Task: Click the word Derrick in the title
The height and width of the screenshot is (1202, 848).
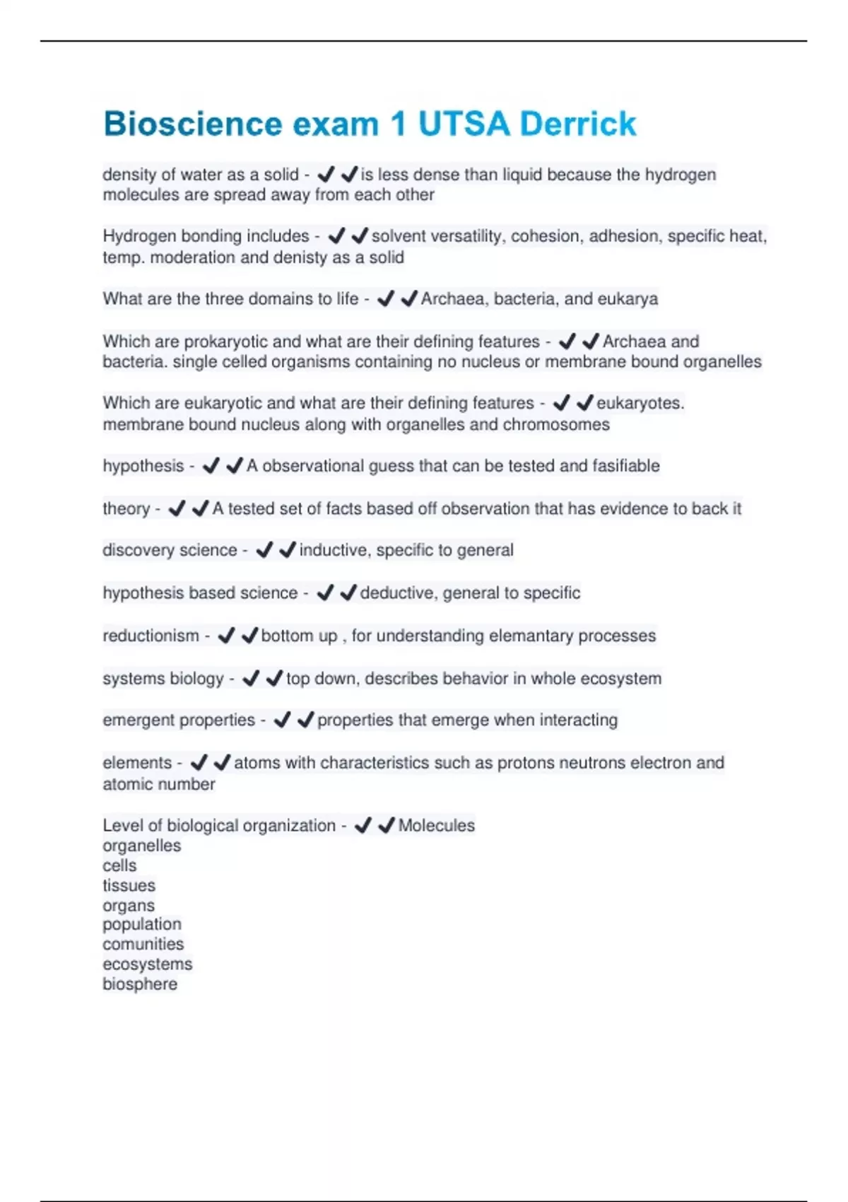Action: pos(577,124)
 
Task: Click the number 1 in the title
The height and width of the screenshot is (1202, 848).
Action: pos(398,124)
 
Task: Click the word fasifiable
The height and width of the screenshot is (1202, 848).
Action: pos(625,466)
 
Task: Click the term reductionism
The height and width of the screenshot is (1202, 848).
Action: pos(151,636)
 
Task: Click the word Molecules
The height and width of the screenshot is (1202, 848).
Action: pos(436,826)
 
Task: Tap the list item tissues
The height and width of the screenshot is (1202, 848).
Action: pos(129,885)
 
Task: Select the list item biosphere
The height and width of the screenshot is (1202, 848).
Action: pos(140,984)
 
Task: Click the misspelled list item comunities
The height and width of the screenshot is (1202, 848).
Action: pos(143,944)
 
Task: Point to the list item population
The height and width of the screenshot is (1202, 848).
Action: pos(141,924)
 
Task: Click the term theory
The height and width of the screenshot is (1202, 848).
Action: pos(126,508)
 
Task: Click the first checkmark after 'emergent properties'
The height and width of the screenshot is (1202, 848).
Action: pos(282,720)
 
